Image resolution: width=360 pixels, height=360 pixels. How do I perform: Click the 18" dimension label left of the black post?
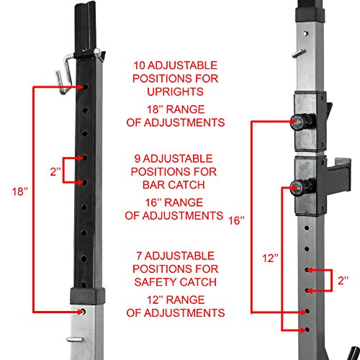click(x=19, y=193)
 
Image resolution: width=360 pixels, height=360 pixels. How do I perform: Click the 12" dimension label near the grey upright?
click(x=268, y=256)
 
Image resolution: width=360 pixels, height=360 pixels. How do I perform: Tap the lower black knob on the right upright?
click(x=297, y=189)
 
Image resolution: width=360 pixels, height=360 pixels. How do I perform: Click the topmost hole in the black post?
click(x=86, y=86)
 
